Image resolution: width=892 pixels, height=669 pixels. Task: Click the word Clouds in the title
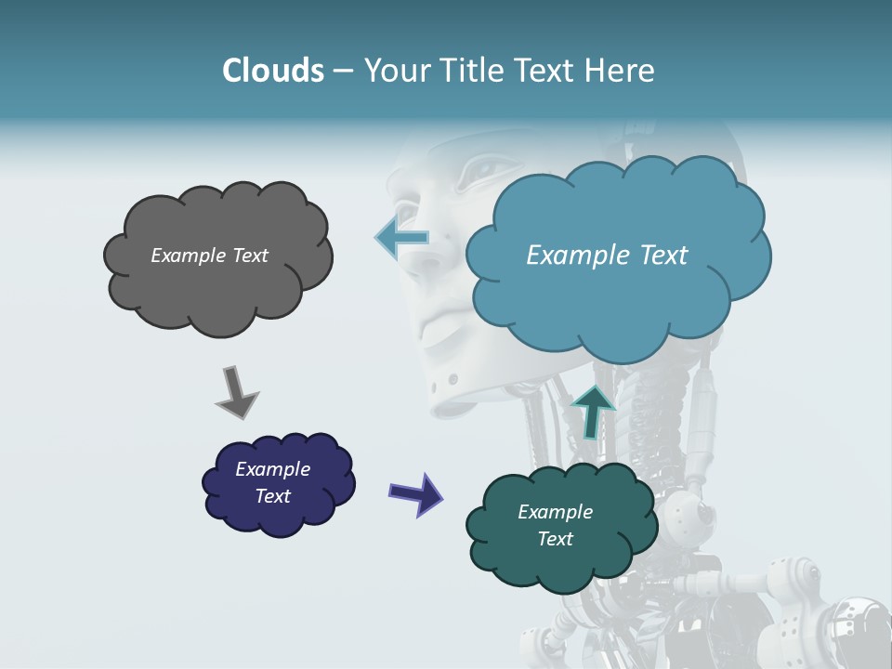[x=272, y=71]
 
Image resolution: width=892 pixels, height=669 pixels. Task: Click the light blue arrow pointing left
[x=401, y=237]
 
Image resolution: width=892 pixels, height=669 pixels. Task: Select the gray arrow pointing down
[x=236, y=391]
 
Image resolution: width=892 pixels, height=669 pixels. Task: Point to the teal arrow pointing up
[x=593, y=412]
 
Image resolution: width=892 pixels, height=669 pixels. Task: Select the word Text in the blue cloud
[x=660, y=256]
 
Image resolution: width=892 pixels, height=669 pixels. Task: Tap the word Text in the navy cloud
[x=273, y=496]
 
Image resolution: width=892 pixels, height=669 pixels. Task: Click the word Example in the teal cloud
[x=555, y=512]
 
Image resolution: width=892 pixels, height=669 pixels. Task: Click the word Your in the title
[x=394, y=71]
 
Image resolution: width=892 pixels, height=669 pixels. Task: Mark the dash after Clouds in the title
[x=343, y=71]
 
